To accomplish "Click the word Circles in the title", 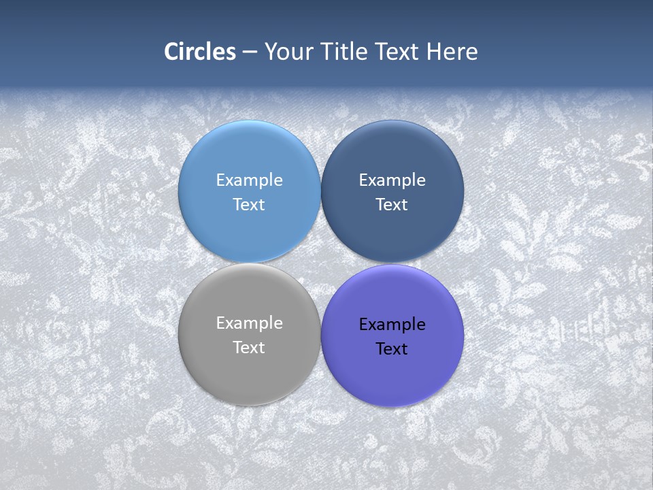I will pos(200,52).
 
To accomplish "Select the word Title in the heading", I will pos(344,52).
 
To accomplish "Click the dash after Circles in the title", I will pos(250,52).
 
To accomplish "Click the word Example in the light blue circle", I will pos(249,180).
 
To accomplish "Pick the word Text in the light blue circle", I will pos(249,204).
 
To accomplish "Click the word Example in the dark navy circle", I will pos(392,180).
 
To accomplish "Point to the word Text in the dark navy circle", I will pos(392,204).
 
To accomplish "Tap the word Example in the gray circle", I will pos(249,323).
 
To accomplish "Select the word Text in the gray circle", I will pos(249,347).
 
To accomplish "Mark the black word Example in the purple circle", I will pos(392,325).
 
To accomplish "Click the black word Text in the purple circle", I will pos(392,348).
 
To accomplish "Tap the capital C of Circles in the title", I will pos(171,52).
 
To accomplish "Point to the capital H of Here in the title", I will pos(433,52).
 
